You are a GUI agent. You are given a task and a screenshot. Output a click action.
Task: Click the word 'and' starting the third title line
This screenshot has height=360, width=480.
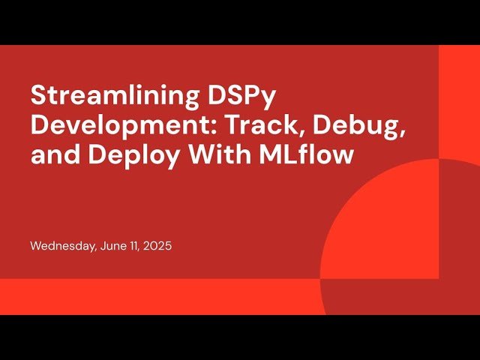49,157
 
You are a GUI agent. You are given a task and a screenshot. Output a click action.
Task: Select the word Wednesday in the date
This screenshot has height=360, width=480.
63,246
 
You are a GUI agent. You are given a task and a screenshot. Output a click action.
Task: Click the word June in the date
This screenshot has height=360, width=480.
113,246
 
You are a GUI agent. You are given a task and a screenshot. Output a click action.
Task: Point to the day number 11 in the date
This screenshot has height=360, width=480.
136,246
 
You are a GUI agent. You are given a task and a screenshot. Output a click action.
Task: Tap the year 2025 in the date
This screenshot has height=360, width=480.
158,246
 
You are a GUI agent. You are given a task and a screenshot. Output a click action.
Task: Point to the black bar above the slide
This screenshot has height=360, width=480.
240,22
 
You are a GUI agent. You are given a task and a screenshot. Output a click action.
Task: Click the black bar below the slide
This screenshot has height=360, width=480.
240,337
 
